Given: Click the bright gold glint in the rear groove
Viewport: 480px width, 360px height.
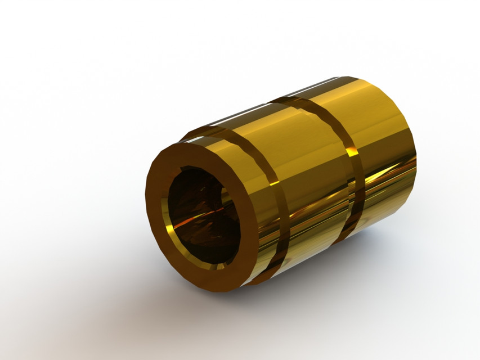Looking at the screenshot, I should pos(353,152).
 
